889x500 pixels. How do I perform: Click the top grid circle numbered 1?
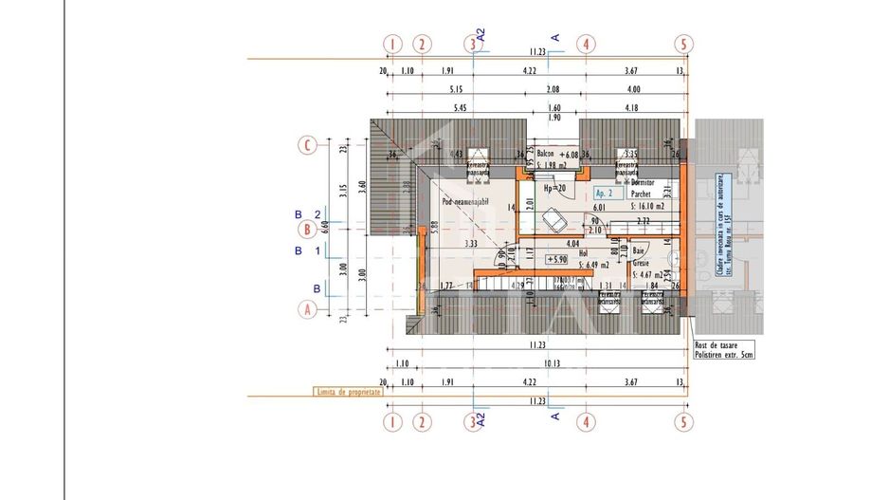(390, 44)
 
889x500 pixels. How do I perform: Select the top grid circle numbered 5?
(681, 44)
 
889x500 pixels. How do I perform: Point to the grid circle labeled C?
(306, 145)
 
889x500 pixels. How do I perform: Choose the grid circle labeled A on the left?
(306, 308)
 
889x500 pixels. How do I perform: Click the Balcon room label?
(545, 154)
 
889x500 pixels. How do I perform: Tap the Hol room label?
(571, 252)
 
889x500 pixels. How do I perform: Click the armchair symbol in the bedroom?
(554, 220)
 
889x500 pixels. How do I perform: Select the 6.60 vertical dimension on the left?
(324, 226)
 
